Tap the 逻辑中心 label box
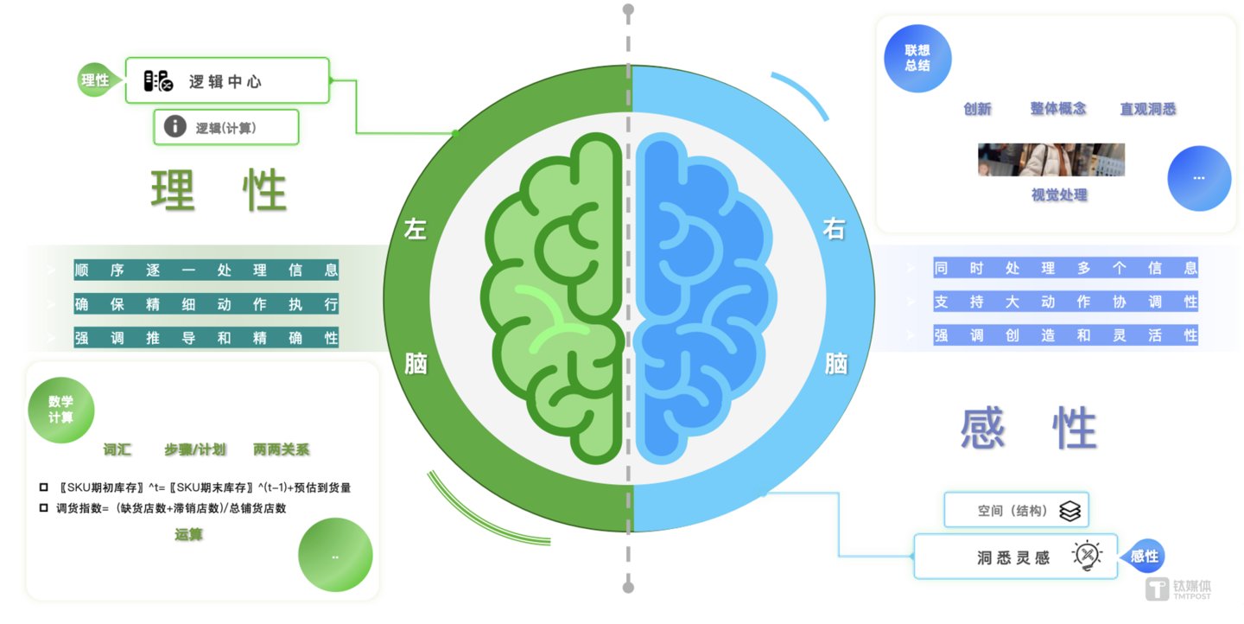pyautogui.click(x=227, y=81)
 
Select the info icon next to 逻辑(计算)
pyautogui.click(x=175, y=127)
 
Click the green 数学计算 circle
pyautogui.click(x=60, y=410)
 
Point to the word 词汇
pyautogui.click(x=117, y=449)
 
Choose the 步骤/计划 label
pyautogui.click(x=195, y=449)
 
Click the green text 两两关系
pyautogui.click(x=281, y=449)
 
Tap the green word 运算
pyautogui.click(x=188, y=535)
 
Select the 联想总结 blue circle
pyautogui.click(x=917, y=59)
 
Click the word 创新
pyautogui.click(x=977, y=109)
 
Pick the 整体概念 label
pyautogui.click(x=1057, y=109)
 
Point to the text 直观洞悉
pyautogui.click(x=1147, y=109)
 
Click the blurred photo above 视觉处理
pyautogui.click(x=1050, y=160)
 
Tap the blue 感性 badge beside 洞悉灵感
pyautogui.click(x=1145, y=557)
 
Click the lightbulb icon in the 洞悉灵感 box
pyautogui.click(x=1087, y=556)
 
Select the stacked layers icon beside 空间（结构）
pyautogui.click(x=1069, y=511)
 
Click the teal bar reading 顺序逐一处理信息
pyautogui.click(x=206, y=270)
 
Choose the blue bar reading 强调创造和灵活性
pyautogui.click(x=1065, y=335)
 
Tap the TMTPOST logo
pyautogui.click(x=1177, y=589)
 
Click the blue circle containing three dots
pyautogui.click(x=1198, y=178)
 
